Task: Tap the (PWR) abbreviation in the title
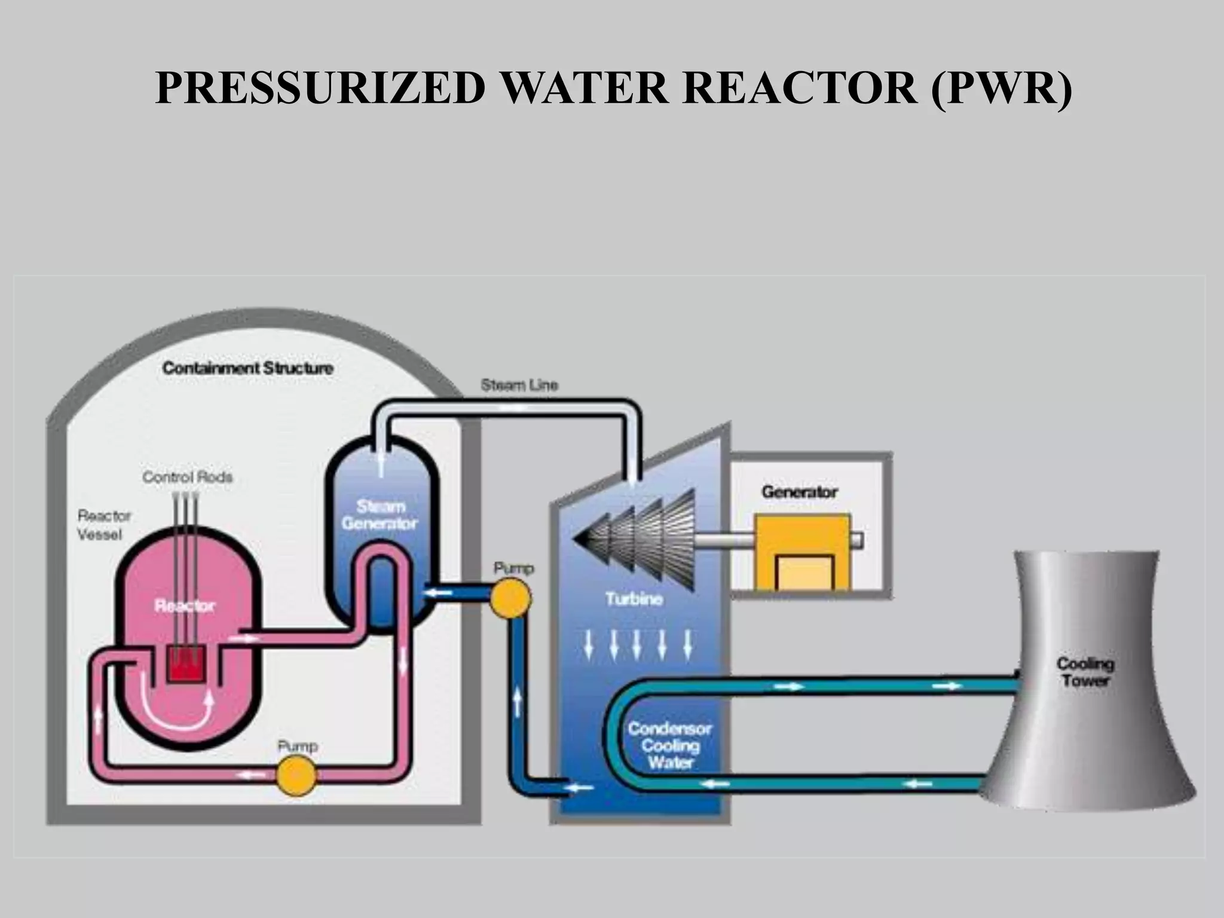coord(1000,88)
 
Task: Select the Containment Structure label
coord(247,368)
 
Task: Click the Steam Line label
coord(519,385)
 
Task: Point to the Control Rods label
coord(187,477)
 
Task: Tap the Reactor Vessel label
coord(103,525)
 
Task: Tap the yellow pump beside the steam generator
coord(510,596)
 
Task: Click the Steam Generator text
coord(380,515)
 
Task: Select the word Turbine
coord(634,599)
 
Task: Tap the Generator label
coord(799,492)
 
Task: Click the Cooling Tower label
coord(1085,672)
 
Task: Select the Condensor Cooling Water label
coord(669,745)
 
